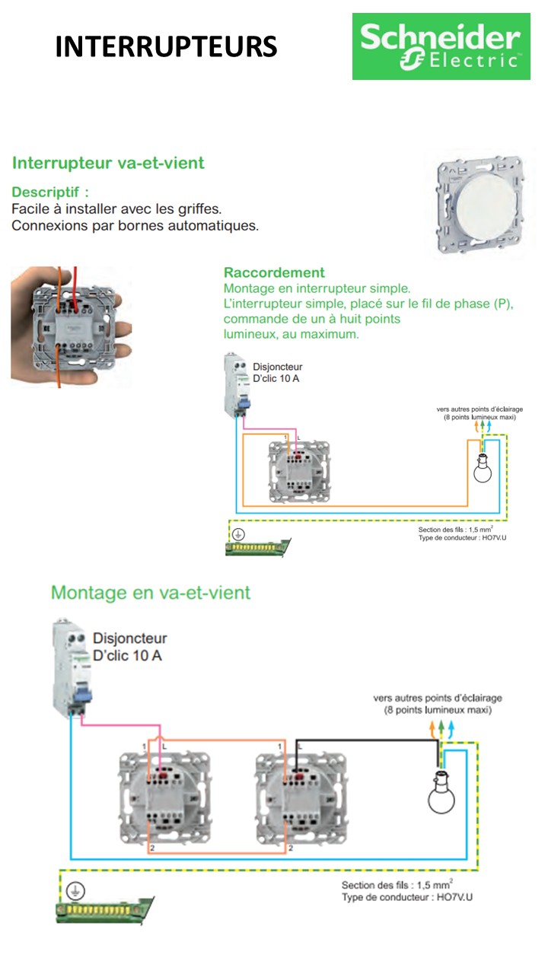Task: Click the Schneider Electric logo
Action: click(x=441, y=46)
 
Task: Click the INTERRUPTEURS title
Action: click(x=166, y=47)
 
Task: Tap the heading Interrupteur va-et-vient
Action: click(x=108, y=163)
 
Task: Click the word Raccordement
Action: click(x=274, y=272)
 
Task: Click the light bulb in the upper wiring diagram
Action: click(x=482, y=469)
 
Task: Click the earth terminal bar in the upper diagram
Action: click(x=259, y=546)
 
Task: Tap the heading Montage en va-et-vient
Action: click(x=151, y=592)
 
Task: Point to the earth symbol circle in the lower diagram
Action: click(x=75, y=892)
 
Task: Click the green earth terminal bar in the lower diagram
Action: click(x=107, y=909)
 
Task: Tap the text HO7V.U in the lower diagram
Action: click(x=454, y=898)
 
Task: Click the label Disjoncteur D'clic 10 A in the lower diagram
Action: click(x=129, y=646)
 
